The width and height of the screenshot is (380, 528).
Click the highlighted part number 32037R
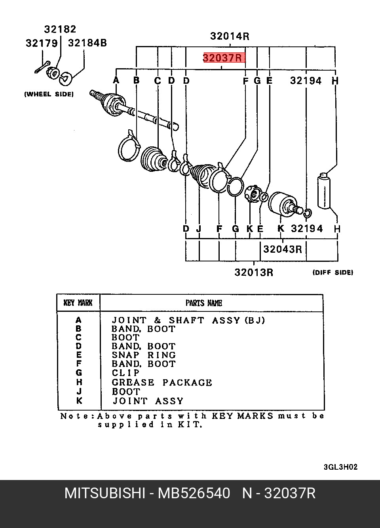[x=222, y=58]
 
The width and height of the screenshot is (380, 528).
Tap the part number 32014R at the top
[x=230, y=36]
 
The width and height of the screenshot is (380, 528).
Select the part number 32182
[x=60, y=29]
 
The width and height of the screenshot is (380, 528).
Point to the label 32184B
[x=87, y=43]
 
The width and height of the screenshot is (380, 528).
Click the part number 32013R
[x=254, y=272]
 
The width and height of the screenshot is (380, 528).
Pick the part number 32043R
[x=282, y=249]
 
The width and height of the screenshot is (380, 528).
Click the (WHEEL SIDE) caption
[x=49, y=94]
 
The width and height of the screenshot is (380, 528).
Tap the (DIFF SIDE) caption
[x=333, y=273]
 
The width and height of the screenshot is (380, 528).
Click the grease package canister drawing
[x=324, y=191]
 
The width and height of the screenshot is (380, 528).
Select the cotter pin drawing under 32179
[x=43, y=67]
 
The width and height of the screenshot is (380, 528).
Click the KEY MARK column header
[x=78, y=303]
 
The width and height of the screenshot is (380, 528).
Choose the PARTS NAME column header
[x=204, y=303]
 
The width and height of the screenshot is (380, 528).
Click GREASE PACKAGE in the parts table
[x=162, y=382]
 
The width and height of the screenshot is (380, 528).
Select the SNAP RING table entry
[x=144, y=355]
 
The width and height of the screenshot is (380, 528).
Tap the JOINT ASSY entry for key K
[x=148, y=401]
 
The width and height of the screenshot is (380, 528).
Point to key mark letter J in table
[x=79, y=392]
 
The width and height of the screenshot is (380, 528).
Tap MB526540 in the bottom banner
[x=194, y=493]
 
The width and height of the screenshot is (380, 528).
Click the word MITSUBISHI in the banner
[x=105, y=493]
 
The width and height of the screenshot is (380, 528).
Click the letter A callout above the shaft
[x=116, y=81]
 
